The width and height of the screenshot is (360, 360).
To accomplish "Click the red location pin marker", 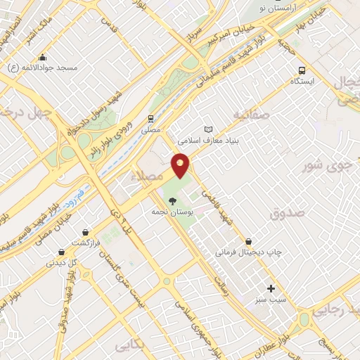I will coord(181,165).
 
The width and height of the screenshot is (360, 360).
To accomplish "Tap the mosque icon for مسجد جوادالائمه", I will coord(43,58).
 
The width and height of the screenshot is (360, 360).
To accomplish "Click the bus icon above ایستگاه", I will coord(302,70).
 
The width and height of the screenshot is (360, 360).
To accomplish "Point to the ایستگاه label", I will coord(302,82).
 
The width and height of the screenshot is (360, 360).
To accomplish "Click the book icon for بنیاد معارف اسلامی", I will coord(207,129).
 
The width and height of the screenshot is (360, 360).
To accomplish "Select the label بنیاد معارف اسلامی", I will coord(207,140).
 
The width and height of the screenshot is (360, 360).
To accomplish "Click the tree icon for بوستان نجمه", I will coord(173,200).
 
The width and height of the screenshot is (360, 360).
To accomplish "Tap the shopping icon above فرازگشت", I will coord(86,231).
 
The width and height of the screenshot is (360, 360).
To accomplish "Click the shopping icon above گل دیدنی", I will coord(61,252).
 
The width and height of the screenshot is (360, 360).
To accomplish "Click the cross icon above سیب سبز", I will coord(271,288).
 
